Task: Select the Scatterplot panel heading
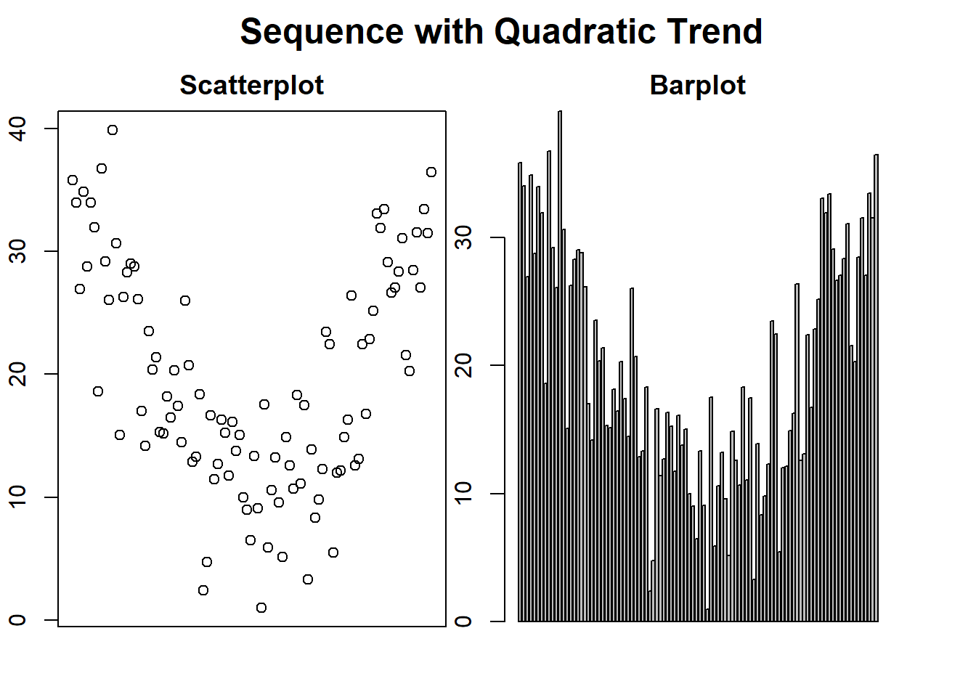pos(252,85)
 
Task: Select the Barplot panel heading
pos(698,85)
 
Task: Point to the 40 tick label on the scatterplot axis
pos(17,129)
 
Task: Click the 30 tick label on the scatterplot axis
pos(17,251)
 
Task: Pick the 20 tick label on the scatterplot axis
pos(17,374)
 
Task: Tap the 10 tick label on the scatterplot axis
pos(17,497)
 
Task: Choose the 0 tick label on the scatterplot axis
pos(17,619)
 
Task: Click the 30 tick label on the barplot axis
pos(463,237)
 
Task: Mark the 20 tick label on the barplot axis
pos(463,365)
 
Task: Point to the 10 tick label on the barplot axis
pos(463,493)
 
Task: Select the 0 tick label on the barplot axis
pos(463,621)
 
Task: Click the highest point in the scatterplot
pos(113,130)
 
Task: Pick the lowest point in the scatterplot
pos(261,608)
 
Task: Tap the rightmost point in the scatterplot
pos(431,172)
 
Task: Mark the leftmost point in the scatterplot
pos(73,180)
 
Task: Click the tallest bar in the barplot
pos(560,366)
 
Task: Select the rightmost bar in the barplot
pos(877,388)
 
